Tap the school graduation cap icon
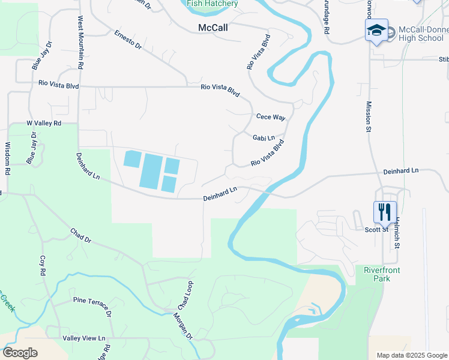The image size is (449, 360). pyautogui.click(x=376, y=31)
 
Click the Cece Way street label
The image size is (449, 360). pyautogui.click(x=270, y=117)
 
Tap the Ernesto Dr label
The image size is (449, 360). pyautogui.click(x=128, y=40)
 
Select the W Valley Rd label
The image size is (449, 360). pyautogui.click(x=44, y=123)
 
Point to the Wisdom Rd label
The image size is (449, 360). pyautogui.click(x=8, y=158)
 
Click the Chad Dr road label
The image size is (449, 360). pyautogui.click(x=80, y=236)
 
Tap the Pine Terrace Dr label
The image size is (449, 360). pyautogui.click(x=92, y=307)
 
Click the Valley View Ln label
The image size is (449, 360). pyautogui.click(x=84, y=338)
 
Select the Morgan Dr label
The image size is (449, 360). pyautogui.click(x=182, y=326)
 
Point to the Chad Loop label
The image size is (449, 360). pyautogui.click(x=183, y=295)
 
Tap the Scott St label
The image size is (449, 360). pyautogui.click(x=377, y=229)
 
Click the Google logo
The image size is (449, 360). pyautogui.click(x=20, y=353)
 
